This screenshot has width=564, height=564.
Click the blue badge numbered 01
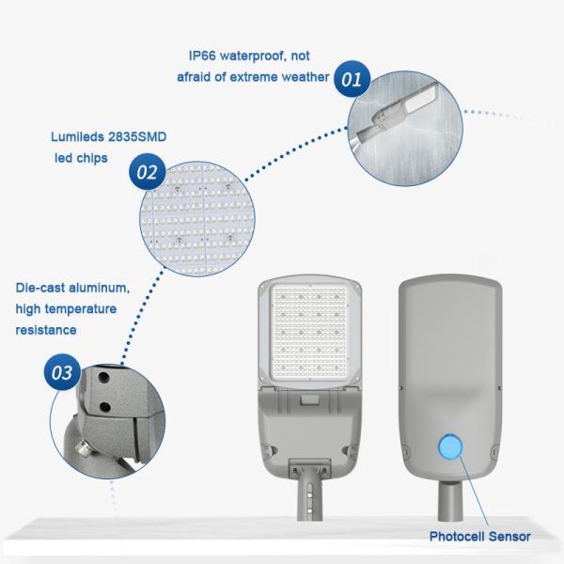coord(352,79)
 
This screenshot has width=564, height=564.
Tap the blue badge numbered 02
coord(148,172)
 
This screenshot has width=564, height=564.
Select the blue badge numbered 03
coord(62,372)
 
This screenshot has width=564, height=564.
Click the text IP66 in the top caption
coord(202,55)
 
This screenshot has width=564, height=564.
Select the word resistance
coord(46,330)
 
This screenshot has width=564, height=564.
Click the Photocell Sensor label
coord(479,537)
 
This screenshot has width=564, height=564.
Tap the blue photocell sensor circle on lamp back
coord(450,447)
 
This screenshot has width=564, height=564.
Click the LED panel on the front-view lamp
coord(309,332)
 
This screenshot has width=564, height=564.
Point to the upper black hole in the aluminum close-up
coord(104,377)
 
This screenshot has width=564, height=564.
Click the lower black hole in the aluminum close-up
coord(105,407)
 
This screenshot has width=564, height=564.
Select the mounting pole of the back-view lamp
coord(450,500)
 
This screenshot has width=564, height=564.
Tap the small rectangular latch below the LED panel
coord(309,400)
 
